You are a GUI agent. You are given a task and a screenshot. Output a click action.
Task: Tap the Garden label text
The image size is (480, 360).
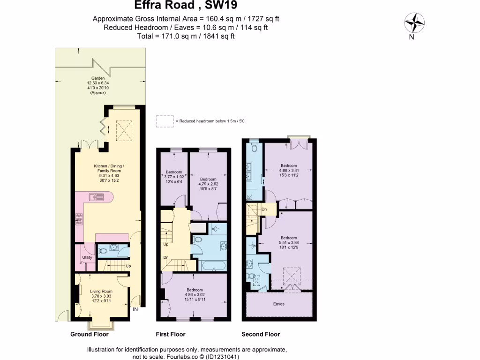click(98, 78)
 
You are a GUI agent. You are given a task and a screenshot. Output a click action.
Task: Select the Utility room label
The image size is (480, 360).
click(87, 257)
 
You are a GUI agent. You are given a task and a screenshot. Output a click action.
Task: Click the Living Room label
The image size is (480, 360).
click(102, 292)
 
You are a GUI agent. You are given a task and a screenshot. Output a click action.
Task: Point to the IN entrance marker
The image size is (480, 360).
click(136, 309)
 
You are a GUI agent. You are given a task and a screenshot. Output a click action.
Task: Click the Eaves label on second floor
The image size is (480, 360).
click(279, 304)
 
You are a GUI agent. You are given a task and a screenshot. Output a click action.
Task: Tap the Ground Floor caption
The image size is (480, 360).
click(89, 334)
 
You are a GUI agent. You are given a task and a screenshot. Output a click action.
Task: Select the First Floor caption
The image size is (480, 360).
click(170, 334)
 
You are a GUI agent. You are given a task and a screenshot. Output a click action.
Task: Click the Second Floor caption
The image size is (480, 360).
click(261, 334)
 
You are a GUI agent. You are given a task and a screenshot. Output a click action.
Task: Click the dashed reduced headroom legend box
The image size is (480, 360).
click(164, 121)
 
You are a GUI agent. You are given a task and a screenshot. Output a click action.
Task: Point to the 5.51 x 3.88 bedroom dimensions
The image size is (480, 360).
click(289, 242)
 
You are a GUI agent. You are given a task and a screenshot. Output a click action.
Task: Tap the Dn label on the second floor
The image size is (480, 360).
click(264, 209)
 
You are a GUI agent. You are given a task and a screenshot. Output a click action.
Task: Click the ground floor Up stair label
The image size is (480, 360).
click(127, 266)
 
